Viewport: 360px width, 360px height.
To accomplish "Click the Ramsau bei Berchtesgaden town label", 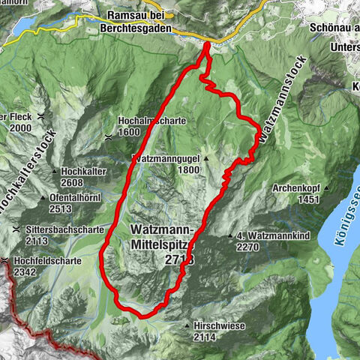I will [139, 20].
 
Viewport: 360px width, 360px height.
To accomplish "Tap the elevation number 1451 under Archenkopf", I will [309, 199].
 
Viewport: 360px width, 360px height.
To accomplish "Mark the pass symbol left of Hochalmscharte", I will [109, 136].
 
